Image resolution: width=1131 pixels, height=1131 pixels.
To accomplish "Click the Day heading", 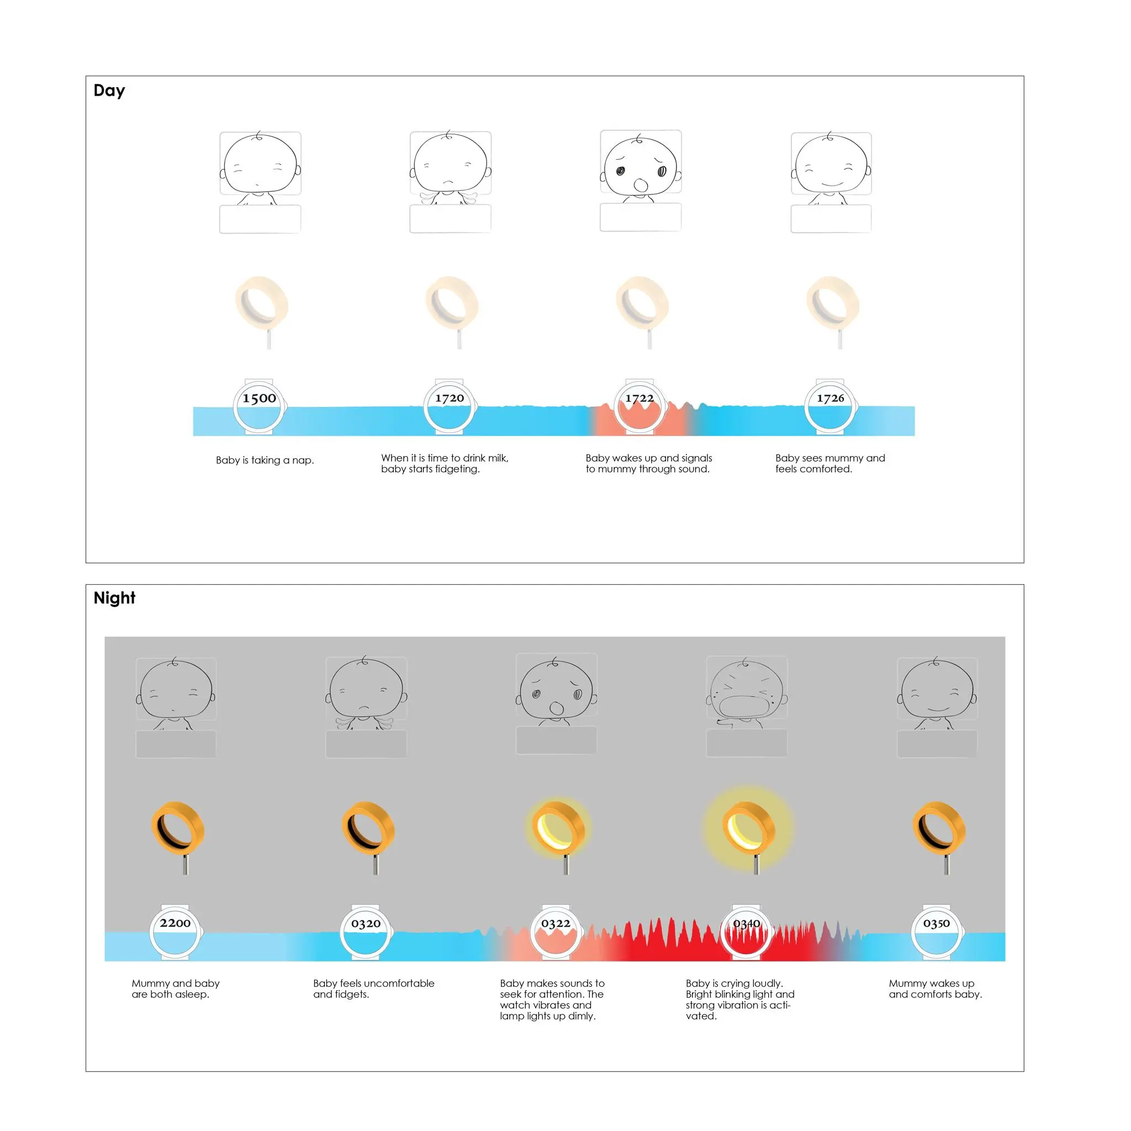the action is (x=109, y=91).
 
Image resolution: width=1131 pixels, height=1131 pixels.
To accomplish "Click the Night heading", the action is (x=114, y=598).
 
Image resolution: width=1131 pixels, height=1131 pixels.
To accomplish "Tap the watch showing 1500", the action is (x=260, y=406).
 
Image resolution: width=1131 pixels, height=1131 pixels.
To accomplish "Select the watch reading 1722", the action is (x=640, y=406).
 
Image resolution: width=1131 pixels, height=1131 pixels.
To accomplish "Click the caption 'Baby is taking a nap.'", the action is (x=265, y=460).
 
